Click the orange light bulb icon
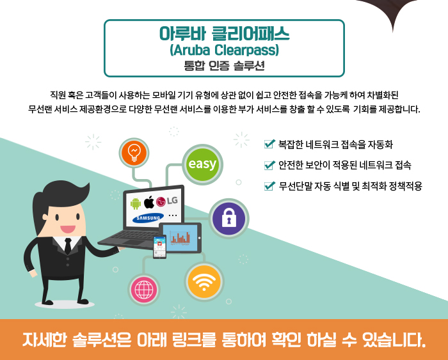[134, 153]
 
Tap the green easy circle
[203, 164]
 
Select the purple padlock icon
[229, 219]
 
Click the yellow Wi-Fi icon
[204, 281]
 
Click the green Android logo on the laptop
[136, 203]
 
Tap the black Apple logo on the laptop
[148, 202]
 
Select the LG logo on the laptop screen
[167, 201]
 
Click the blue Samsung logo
[148, 218]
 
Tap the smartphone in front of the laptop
[159, 247]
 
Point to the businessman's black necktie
[68, 246]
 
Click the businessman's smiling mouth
[68, 229]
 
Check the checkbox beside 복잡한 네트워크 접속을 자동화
[269, 144]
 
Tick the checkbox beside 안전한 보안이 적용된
[269, 165]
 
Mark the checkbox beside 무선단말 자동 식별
[269, 186]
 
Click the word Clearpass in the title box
[246, 51]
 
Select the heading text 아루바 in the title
[182, 33]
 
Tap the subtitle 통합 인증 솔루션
[224, 66]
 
